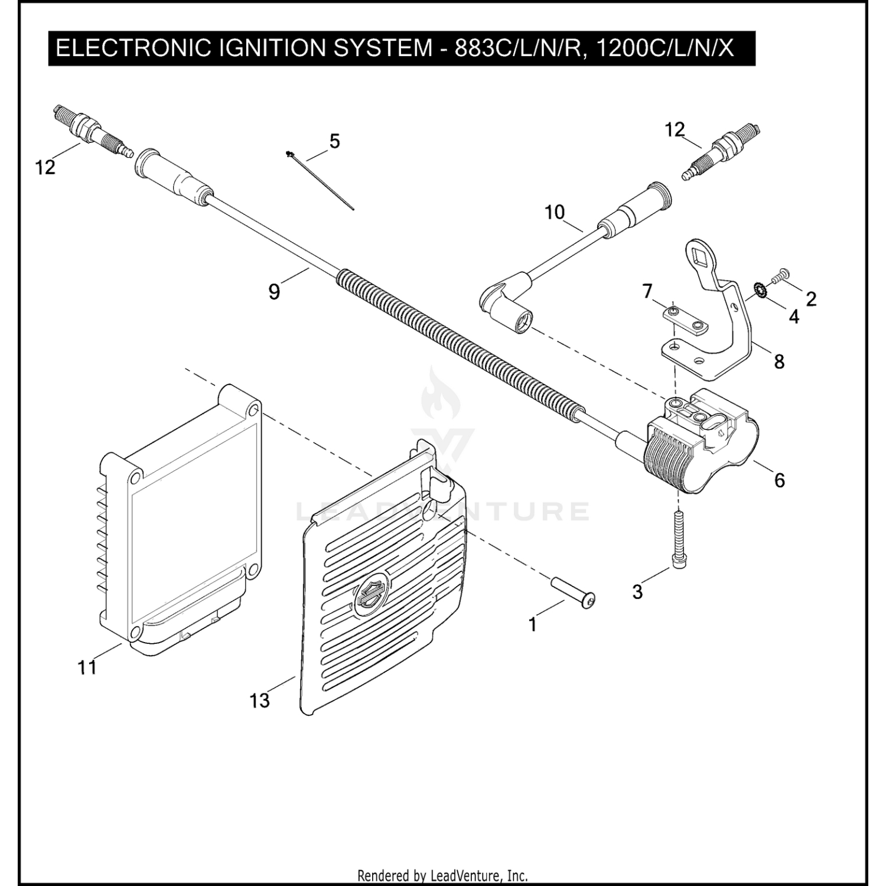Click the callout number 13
pos(259,701)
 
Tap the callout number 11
pos(87,667)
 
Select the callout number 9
pos(274,291)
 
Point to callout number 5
pos(334,142)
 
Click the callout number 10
pos(555,212)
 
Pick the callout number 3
pos(637,591)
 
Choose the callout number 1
pos(533,624)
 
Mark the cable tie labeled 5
pos(320,181)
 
